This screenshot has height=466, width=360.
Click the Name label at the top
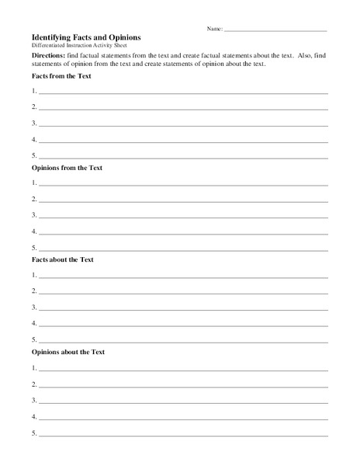(x=214, y=29)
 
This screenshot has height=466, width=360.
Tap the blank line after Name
(x=275, y=30)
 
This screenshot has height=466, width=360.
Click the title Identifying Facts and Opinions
(x=86, y=37)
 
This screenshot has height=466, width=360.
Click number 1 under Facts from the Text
(x=35, y=91)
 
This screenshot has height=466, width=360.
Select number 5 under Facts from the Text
(x=35, y=156)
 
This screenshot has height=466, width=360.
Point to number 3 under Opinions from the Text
(x=35, y=215)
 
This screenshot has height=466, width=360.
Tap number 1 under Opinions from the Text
(x=35, y=183)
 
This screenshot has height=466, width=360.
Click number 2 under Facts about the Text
(x=35, y=291)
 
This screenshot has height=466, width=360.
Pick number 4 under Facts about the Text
(x=35, y=324)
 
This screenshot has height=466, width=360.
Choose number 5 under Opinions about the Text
(x=35, y=433)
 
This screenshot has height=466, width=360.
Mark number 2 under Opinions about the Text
(x=35, y=384)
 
